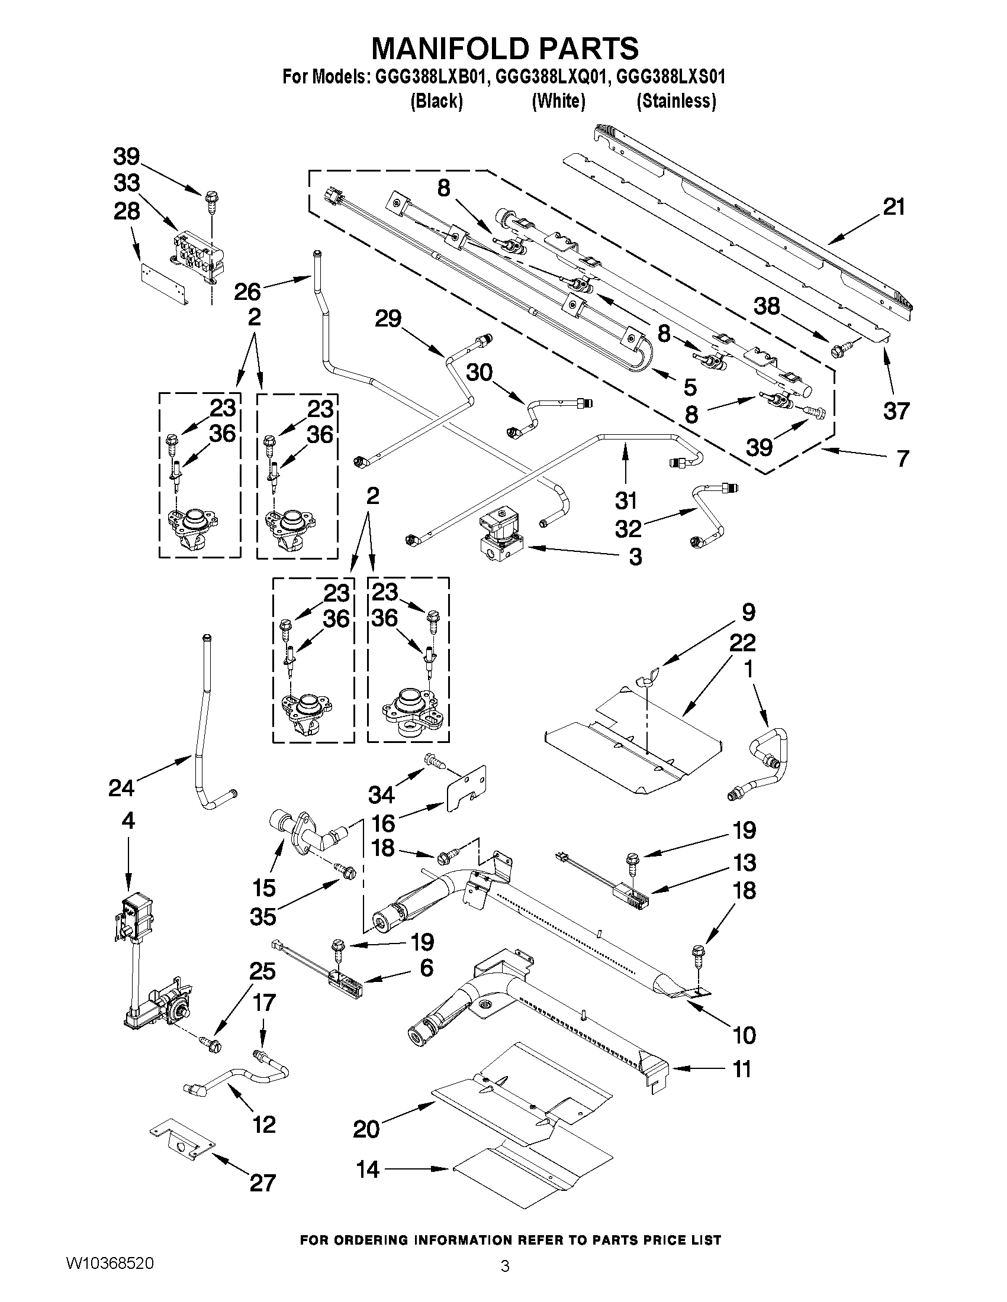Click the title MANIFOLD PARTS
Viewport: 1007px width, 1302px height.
tap(505, 49)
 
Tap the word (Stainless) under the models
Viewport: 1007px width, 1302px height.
tap(676, 101)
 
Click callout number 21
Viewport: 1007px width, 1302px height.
tap(893, 208)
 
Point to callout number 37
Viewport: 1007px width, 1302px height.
tap(896, 411)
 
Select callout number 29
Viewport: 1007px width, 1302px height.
tap(388, 319)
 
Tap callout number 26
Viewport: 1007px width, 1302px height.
tap(247, 292)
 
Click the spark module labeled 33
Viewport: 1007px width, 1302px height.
tap(197, 256)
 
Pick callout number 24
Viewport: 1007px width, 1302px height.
tap(121, 788)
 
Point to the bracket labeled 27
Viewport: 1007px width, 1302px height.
tap(182, 1145)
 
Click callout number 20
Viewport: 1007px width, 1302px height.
tap(366, 1129)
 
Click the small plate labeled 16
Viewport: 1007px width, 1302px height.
tap(466, 788)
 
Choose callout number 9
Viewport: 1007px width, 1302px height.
tap(748, 612)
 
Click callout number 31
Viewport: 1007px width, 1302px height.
tap(626, 500)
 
